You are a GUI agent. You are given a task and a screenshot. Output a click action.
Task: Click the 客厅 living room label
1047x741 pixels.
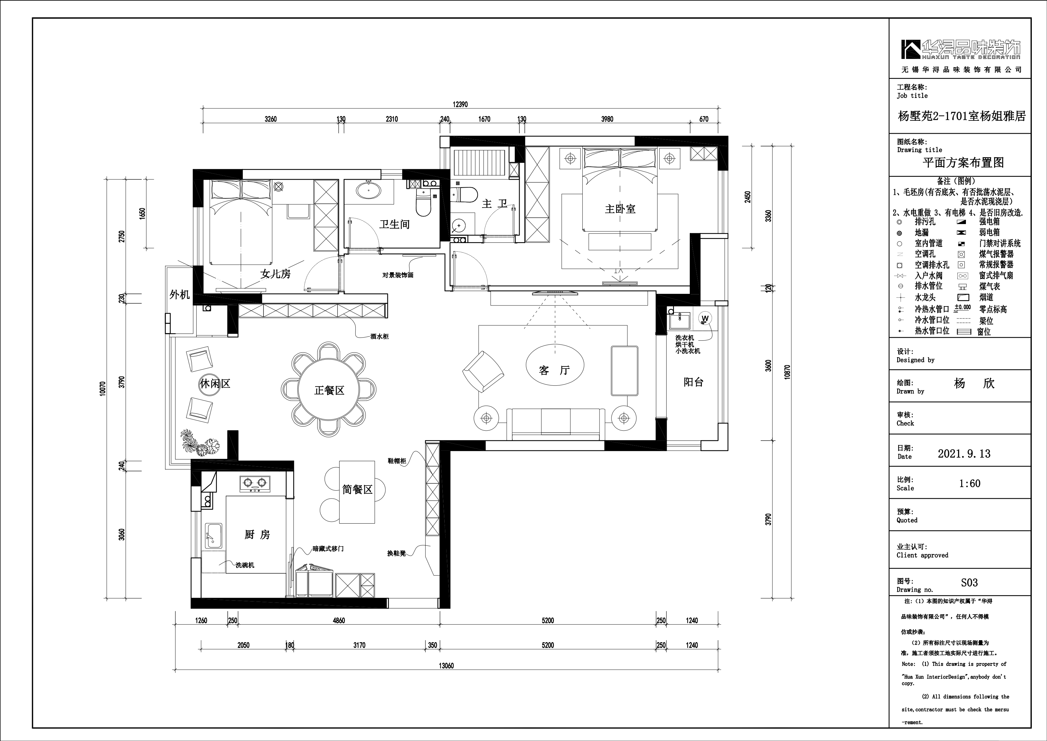[x=555, y=370]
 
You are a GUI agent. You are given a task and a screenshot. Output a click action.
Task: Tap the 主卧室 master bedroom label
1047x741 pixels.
[x=620, y=209]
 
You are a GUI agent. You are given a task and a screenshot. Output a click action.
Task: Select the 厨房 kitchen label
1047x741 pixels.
[x=257, y=534]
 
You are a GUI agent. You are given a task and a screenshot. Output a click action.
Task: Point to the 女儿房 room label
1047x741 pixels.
[x=276, y=274]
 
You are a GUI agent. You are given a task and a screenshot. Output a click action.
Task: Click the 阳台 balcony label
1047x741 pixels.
[x=694, y=382]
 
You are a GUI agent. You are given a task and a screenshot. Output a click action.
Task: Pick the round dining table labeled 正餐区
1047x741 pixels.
[x=328, y=390]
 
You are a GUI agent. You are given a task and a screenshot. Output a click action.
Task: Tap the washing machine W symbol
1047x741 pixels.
[x=705, y=318]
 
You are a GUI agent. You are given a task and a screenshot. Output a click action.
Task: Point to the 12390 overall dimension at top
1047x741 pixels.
[x=460, y=105]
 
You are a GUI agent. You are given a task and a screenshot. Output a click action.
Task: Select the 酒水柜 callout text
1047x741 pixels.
[x=379, y=336]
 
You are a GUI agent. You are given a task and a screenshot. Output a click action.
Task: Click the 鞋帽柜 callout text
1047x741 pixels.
[x=397, y=461]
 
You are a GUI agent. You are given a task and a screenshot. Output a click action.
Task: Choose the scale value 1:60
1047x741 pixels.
[x=969, y=484]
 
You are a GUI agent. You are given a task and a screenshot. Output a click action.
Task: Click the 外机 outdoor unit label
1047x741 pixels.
[x=179, y=295]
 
